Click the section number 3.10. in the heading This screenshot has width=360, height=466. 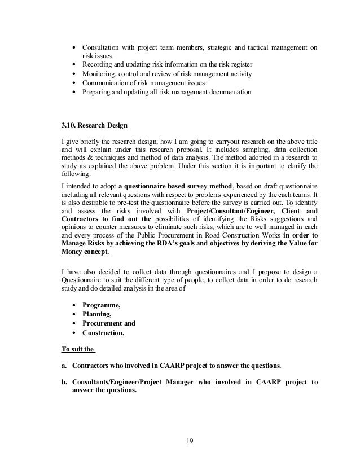(x=70, y=125)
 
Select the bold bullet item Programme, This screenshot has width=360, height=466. (x=102, y=305)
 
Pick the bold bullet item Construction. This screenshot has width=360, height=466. (x=103, y=333)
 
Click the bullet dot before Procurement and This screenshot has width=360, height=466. (x=74, y=324)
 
